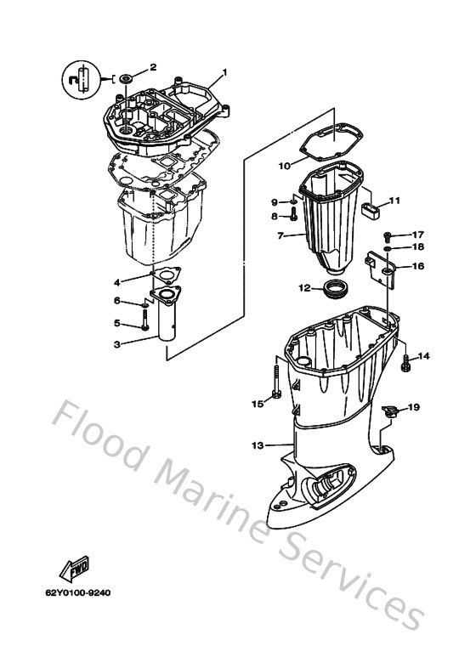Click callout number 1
pyautogui.click(x=225, y=72)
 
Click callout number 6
pyautogui.click(x=118, y=301)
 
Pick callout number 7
pyautogui.click(x=280, y=235)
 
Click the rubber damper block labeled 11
pyautogui.click(x=370, y=209)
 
